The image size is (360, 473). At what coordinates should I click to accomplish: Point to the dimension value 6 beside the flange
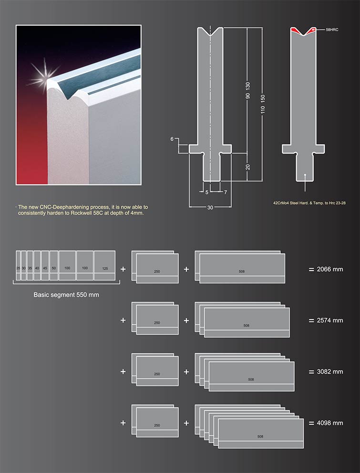[172, 139]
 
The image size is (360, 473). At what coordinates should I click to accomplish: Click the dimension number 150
[263, 101]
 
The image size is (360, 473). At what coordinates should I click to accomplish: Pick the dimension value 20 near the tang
[247, 167]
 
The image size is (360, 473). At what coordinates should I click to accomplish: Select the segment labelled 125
[104, 268]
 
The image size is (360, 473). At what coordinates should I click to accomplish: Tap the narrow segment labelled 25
[18, 268]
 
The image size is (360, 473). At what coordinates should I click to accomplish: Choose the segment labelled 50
[54, 268]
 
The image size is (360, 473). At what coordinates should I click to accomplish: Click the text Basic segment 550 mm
[66, 294]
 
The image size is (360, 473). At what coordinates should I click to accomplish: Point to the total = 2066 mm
[326, 269]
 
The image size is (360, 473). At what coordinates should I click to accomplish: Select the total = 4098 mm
[326, 423]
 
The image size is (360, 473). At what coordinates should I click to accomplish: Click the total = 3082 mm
[326, 372]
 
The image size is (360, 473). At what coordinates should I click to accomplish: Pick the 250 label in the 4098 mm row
[157, 425]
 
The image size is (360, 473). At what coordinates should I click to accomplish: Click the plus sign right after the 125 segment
[123, 269]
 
